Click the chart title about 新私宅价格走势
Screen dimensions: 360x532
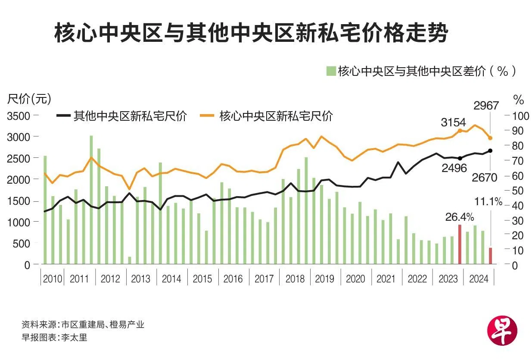pos(251,34)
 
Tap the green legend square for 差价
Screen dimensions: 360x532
pos(330,71)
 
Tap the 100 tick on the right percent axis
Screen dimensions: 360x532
pos(518,116)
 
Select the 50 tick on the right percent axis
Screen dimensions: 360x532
pos(516,191)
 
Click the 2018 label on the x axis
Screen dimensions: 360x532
pos(295,279)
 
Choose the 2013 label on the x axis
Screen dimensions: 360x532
pos(141,279)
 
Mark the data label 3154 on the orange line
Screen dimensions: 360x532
pos(453,122)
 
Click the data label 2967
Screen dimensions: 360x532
pos(486,106)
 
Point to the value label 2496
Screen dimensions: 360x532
pos(454,168)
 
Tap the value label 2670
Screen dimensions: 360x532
pos(485,177)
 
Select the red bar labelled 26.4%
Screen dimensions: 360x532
pos(460,244)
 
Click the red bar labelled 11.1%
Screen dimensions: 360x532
pos(490,256)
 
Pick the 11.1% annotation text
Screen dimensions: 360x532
pos(488,201)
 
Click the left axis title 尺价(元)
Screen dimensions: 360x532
pos(29,99)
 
